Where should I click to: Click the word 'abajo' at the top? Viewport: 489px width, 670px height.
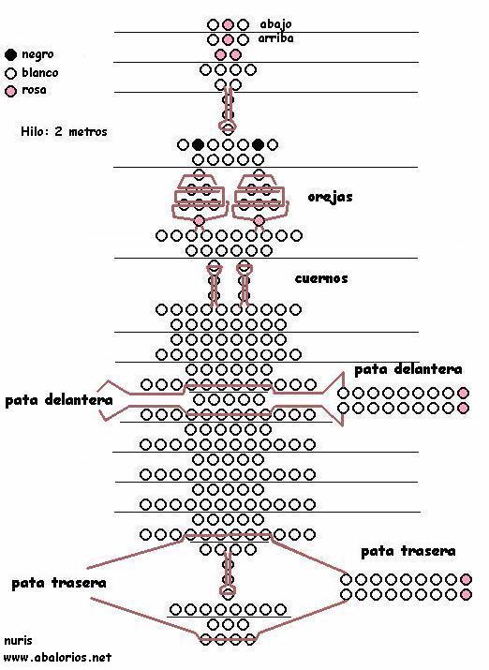pos(276,24)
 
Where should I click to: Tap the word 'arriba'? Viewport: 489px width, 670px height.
pos(276,38)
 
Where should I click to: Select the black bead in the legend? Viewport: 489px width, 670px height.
pos(10,54)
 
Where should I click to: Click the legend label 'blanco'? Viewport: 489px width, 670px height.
pos(39,73)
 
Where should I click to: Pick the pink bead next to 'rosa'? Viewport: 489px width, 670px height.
pos(10,91)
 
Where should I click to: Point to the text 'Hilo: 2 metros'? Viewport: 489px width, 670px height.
pos(64,131)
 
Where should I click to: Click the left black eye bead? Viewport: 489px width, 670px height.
pos(198,145)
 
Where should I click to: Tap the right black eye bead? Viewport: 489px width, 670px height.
pos(258,145)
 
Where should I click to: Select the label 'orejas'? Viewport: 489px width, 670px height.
pos(330,197)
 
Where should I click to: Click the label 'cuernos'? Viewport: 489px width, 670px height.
pos(321,278)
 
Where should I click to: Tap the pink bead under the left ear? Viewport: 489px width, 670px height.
pos(199,220)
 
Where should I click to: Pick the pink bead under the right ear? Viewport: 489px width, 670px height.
pos(259,220)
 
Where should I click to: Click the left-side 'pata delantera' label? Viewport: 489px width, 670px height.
pos(59,400)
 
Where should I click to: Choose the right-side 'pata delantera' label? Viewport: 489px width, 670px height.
pos(408,369)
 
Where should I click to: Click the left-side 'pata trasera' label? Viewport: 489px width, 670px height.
pos(59,583)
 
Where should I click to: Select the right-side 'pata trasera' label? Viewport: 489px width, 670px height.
pos(408,551)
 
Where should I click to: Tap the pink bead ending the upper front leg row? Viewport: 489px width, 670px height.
pos(463,394)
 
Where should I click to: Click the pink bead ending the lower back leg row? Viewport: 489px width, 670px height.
pos(466,594)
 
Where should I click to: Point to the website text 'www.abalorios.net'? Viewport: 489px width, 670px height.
pos(58,657)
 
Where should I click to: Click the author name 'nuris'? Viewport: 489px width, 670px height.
pos(18,641)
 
